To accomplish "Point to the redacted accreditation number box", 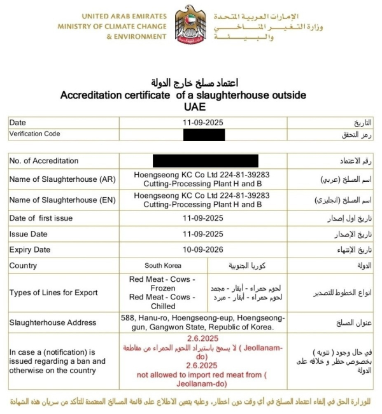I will [206, 161].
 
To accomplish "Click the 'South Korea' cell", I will [163, 265].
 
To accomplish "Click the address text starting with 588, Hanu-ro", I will [202, 322].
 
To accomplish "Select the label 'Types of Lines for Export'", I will [53, 293].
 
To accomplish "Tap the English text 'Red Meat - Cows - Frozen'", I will [162, 283].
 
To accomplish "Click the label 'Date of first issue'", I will [41, 218].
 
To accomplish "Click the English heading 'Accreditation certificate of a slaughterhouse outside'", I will [183, 95].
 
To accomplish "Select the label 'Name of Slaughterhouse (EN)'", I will [62, 200].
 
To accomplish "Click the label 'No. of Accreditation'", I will [44, 161].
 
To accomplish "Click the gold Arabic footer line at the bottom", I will [191, 402].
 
